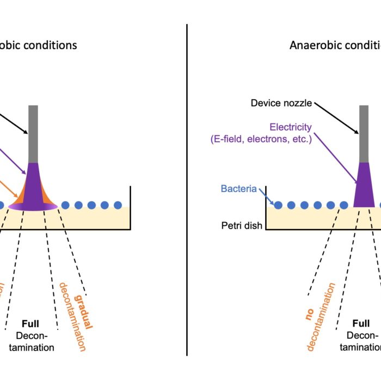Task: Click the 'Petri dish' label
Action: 240,224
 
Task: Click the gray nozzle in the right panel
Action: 364,133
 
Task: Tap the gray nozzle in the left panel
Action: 33,133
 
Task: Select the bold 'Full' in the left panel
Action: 30,323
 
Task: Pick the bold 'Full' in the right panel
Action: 360,323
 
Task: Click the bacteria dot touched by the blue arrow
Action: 278,205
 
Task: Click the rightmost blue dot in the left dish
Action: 118,205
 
